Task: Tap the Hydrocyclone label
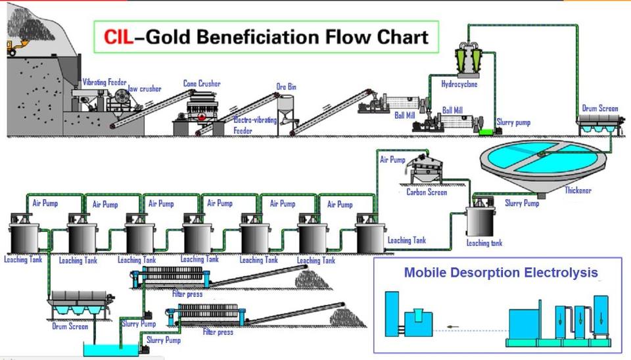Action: coord(459,84)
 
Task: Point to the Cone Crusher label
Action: coord(201,83)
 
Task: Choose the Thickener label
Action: coord(578,191)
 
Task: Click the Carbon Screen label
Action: coord(427,192)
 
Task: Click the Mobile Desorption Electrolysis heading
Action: coord(501,272)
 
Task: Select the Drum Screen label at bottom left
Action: coord(70,326)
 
